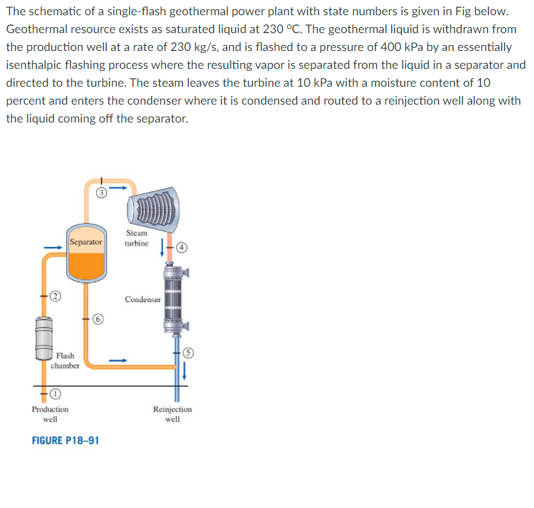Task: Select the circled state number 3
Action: pyautogui.click(x=101, y=193)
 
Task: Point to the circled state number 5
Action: pyautogui.click(x=187, y=353)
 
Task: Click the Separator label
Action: pyautogui.click(x=86, y=242)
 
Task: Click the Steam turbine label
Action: pyautogui.click(x=136, y=238)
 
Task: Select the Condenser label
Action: pyautogui.click(x=142, y=299)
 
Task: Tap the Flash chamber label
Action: pyautogui.click(x=66, y=360)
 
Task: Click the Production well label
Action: pyautogui.click(x=50, y=414)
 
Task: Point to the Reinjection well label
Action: pyautogui.click(x=172, y=414)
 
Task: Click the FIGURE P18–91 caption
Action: pyautogui.click(x=66, y=440)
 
